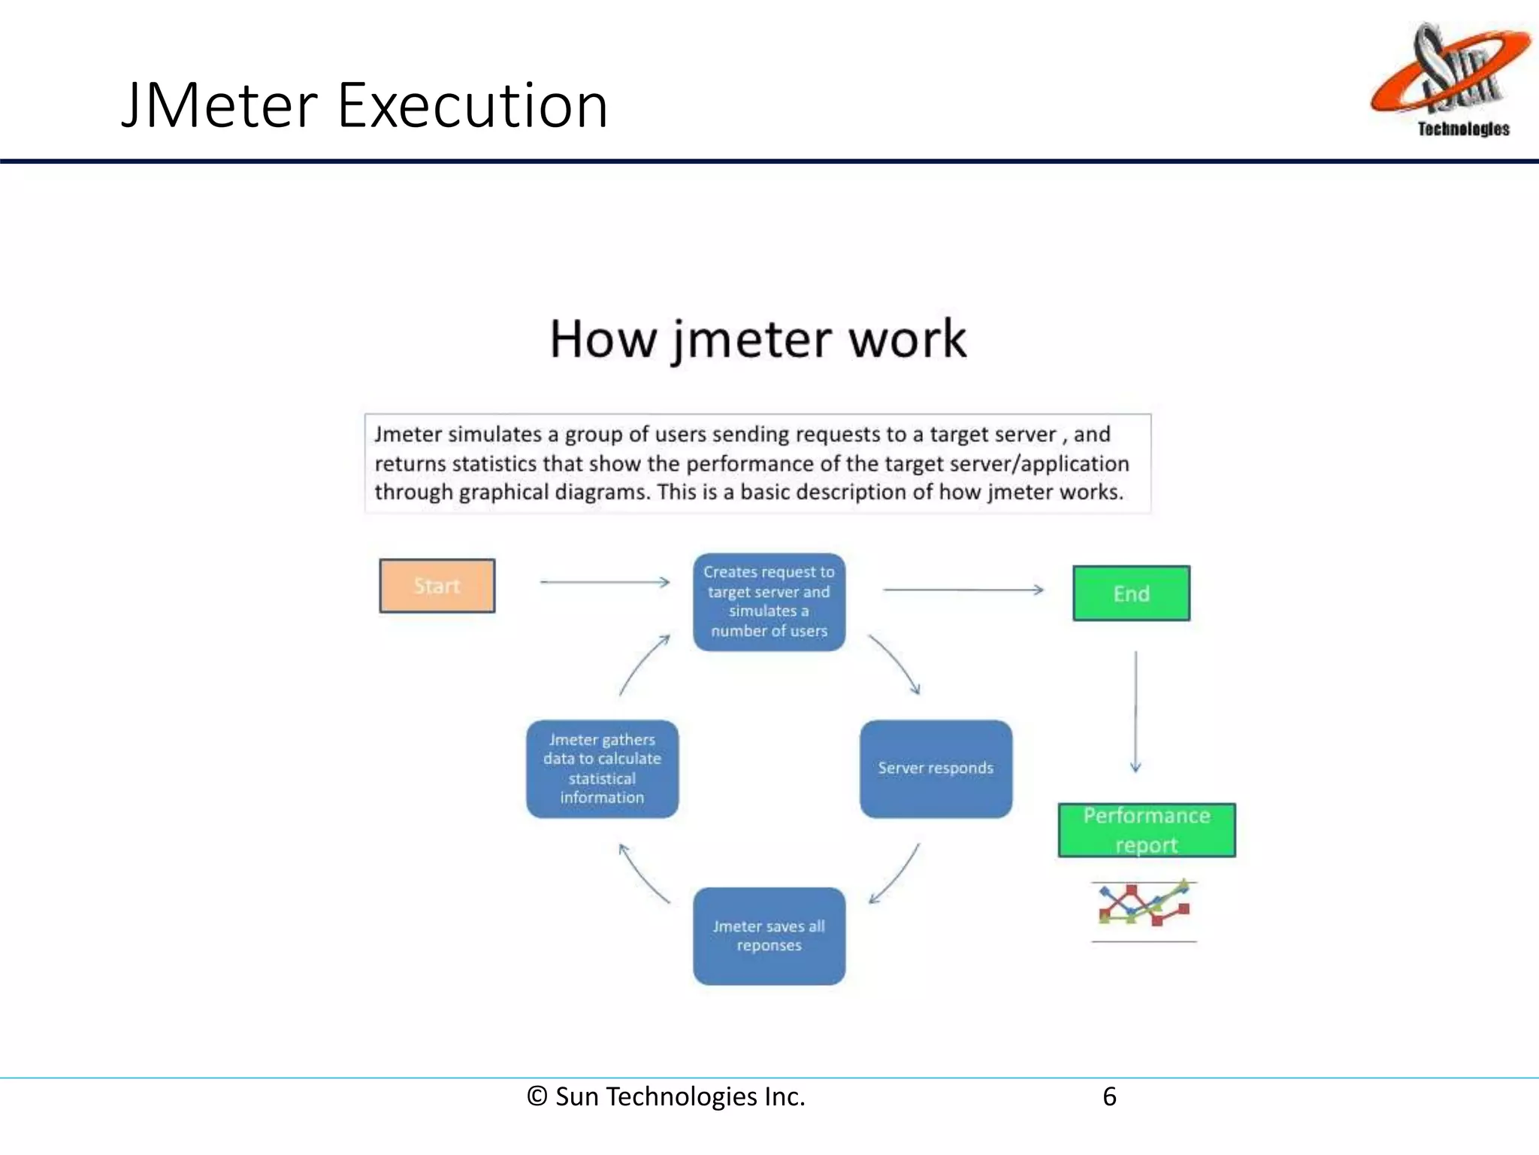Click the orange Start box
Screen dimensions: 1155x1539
pos(437,586)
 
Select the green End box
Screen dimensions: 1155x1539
pos(1131,593)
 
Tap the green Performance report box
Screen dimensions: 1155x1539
pos(1146,830)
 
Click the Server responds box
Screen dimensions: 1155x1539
pos(936,768)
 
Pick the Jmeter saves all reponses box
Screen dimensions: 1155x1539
pos(769,935)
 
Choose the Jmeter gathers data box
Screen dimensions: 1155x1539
pos(602,768)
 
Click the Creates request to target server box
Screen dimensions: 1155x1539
pos(769,602)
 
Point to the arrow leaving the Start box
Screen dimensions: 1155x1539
pos(604,582)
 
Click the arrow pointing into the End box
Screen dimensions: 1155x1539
pos(963,590)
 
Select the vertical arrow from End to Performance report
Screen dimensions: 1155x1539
pos(1135,711)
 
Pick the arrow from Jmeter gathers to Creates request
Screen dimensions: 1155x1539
pos(643,664)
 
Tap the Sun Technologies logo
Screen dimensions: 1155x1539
pos(1450,79)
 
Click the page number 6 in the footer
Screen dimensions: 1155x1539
pos(1109,1096)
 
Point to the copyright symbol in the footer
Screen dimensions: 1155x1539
pos(537,1096)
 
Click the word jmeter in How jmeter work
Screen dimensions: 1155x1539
pos(752,339)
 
